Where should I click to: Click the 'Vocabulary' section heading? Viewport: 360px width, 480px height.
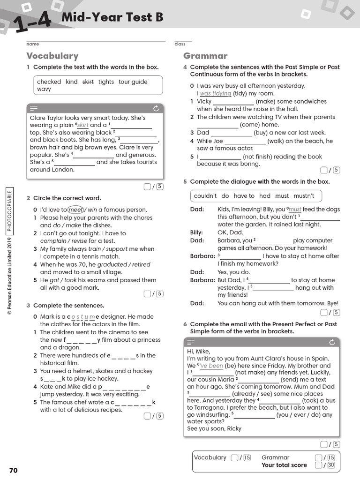[x=52, y=56]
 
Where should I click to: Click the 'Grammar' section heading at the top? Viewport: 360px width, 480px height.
[x=205, y=56]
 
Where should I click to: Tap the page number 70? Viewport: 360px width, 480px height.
[x=13, y=470]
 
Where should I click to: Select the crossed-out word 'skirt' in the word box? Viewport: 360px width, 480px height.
[x=88, y=82]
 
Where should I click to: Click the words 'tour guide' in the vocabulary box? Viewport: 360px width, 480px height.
[x=133, y=82]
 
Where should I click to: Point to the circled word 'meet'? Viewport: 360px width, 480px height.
[x=76, y=210]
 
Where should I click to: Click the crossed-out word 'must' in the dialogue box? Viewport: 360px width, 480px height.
[x=282, y=196]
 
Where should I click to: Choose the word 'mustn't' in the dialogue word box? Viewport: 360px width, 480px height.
[x=304, y=196]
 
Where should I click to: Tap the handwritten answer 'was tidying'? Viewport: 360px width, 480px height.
[x=216, y=94]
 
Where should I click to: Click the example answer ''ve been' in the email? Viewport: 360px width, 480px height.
[x=211, y=366]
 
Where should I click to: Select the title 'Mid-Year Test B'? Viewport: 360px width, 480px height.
[x=112, y=18]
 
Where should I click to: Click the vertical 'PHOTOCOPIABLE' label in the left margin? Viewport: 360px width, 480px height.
[x=10, y=210]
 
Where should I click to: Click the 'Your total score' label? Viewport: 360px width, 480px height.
[x=284, y=465]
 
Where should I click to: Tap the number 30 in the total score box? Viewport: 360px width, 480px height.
[x=331, y=465]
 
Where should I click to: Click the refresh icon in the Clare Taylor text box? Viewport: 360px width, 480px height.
[x=156, y=108]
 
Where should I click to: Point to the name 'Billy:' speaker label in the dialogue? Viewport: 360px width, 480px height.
[x=196, y=232]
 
